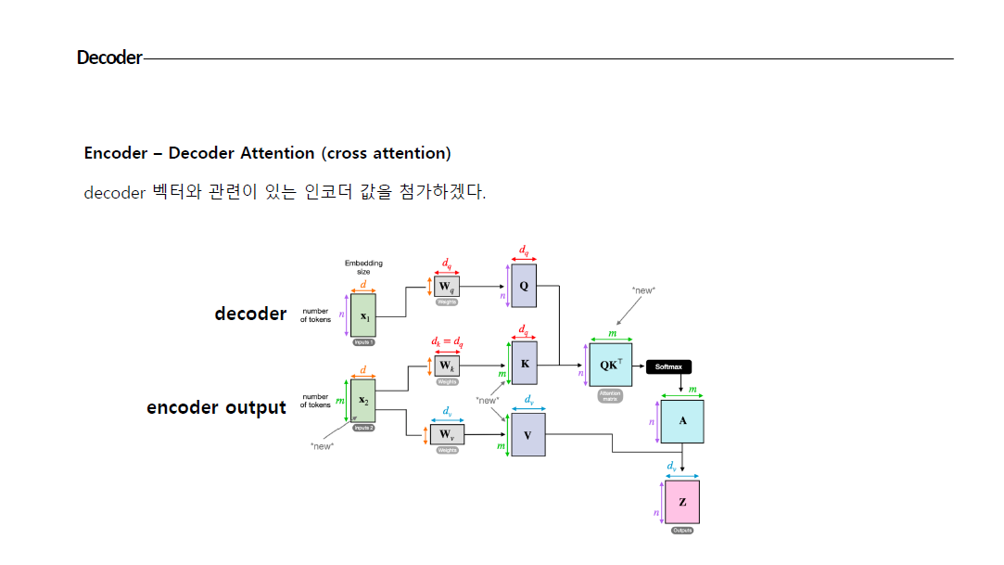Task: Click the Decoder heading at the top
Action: [109, 58]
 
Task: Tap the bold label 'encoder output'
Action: [216, 407]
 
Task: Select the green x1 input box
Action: [363, 316]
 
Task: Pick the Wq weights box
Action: [447, 287]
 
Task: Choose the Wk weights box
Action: [447, 366]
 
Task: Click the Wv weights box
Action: [446, 434]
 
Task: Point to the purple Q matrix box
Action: [524, 286]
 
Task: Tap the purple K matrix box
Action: [525, 364]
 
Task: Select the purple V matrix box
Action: [527, 434]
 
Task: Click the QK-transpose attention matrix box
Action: [610, 365]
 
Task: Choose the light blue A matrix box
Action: [682, 421]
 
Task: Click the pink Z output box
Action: [682, 502]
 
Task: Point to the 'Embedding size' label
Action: [363, 267]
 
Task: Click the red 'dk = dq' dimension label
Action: [447, 341]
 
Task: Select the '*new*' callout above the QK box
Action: [643, 290]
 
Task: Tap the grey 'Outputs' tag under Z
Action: [682, 531]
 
